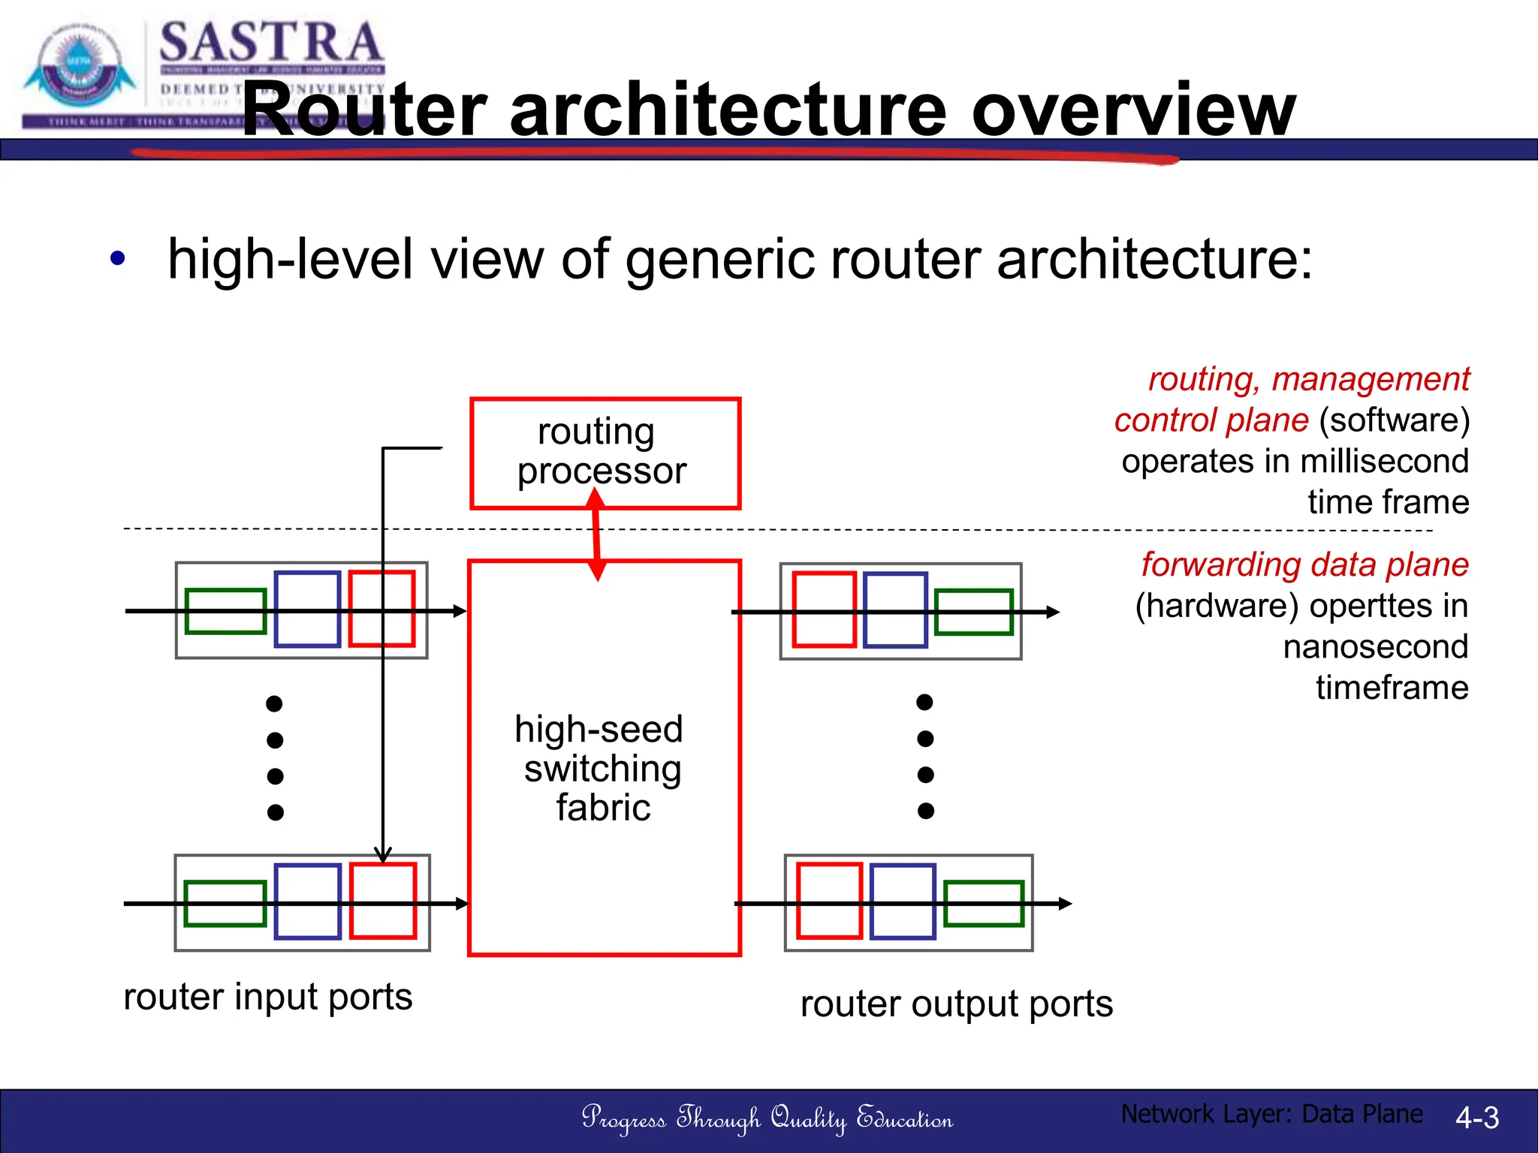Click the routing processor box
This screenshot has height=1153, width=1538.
click(x=605, y=453)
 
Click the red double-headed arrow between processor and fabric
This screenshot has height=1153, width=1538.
click(x=596, y=534)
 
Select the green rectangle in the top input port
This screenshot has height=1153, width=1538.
click(x=225, y=611)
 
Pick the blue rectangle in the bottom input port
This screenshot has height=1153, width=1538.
click(x=307, y=901)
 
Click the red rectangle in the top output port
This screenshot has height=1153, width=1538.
click(x=824, y=609)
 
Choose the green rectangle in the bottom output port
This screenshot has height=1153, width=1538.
click(x=983, y=903)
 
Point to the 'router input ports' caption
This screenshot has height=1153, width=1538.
click(x=267, y=997)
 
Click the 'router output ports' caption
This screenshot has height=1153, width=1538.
click(x=956, y=1004)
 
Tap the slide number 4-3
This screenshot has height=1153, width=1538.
click(x=1476, y=1118)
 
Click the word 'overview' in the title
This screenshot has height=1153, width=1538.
click(x=1133, y=111)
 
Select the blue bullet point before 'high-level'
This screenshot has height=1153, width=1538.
click(x=117, y=259)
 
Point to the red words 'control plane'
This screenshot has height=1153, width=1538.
click(x=1211, y=420)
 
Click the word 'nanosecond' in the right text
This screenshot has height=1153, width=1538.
click(x=1375, y=646)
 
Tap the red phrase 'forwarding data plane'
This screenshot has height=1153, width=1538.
click(x=1304, y=564)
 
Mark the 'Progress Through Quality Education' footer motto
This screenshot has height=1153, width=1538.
click(x=767, y=1118)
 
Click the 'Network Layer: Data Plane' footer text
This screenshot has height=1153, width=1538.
click(x=1271, y=1114)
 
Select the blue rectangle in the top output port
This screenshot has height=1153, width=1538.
click(x=895, y=609)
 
